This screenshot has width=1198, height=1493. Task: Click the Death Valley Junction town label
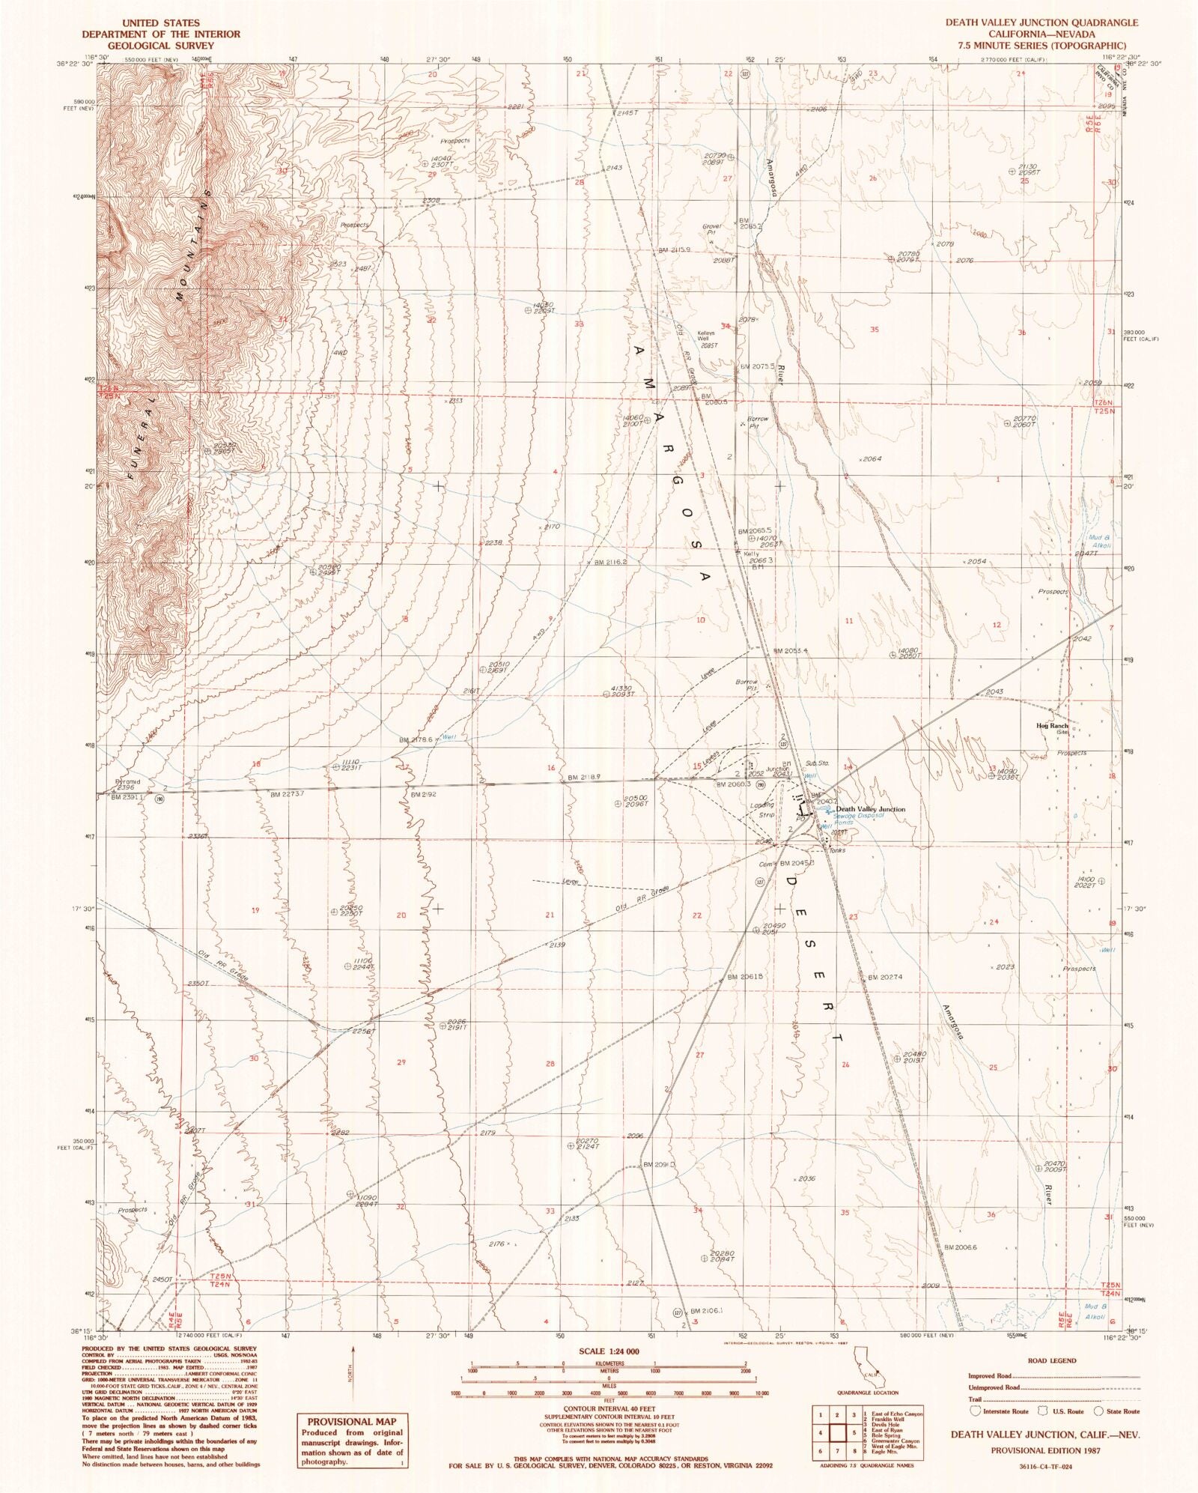coord(870,809)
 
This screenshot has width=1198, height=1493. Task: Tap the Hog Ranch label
coord(1052,726)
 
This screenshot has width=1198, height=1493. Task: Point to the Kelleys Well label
coord(708,336)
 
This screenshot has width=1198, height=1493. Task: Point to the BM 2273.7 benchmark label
coord(287,794)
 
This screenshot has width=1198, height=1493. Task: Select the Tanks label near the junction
coord(836,850)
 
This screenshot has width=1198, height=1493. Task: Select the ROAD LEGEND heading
coord(1053,1360)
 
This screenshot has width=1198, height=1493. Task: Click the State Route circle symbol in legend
coord(1098,1411)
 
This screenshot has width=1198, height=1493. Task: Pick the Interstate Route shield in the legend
coord(976,1411)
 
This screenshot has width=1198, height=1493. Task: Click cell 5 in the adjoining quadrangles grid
coord(853,1432)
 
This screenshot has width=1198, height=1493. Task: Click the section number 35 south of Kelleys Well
coord(874,330)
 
